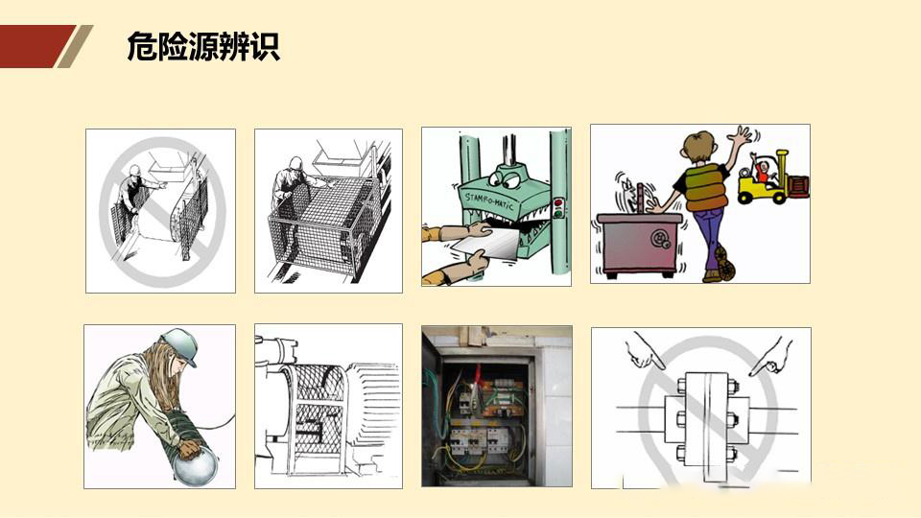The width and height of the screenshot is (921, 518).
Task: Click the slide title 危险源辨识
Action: tap(202, 45)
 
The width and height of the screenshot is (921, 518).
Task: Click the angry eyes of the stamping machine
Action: tap(507, 177)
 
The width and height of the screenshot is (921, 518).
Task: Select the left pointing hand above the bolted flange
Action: tap(646, 352)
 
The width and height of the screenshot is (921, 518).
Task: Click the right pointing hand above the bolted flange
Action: tap(770, 356)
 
